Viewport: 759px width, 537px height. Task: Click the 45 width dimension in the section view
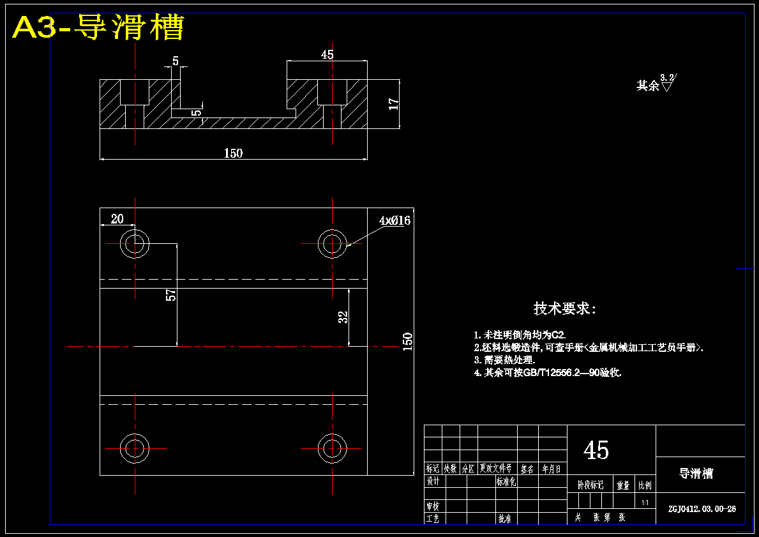(327, 55)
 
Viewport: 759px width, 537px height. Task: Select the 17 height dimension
(394, 103)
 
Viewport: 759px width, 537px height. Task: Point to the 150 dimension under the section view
(233, 153)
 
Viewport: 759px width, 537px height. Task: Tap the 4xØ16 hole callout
(395, 221)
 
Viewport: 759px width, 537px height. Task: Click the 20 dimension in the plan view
(117, 219)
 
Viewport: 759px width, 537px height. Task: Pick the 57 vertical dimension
(170, 294)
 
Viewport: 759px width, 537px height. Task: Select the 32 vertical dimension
(343, 317)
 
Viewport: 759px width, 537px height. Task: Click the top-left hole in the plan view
(135, 243)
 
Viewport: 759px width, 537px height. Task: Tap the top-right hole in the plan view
(333, 243)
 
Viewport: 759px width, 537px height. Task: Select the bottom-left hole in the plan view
(135, 448)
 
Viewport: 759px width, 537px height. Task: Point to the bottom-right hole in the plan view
(333, 448)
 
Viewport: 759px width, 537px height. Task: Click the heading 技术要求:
(565, 309)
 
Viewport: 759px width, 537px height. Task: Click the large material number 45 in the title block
(596, 451)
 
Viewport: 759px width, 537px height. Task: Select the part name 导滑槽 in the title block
(696, 474)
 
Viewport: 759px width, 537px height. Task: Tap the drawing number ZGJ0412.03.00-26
(702, 509)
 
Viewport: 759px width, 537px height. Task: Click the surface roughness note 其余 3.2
(656, 84)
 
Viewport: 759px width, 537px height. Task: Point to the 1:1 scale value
(645, 503)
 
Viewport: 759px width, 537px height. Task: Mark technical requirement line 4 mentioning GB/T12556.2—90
(548, 372)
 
